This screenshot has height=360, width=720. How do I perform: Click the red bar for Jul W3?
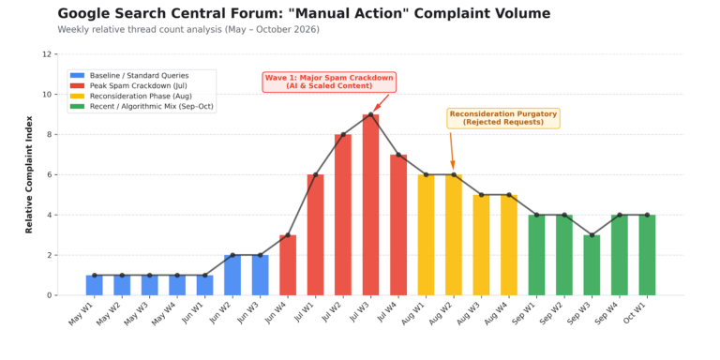[x=370, y=204]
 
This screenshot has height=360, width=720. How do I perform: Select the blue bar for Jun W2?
[x=232, y=275]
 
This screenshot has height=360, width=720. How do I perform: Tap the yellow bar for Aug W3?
[x=481, y=245]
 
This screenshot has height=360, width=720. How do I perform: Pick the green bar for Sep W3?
[x=592, y=265]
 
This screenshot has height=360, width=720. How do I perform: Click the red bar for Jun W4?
[x=288, y=265]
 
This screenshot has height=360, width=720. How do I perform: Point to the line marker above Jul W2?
[x=343, y=135]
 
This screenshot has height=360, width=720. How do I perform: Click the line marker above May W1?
[x=94, y=275]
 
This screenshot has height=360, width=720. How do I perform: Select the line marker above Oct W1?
[x=647, y=215]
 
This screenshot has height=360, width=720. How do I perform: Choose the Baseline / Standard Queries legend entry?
[x=129, y=75]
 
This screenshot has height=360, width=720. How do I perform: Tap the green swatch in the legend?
[x=77, y=107]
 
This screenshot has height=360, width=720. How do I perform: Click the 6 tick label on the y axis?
[x=49, y=175]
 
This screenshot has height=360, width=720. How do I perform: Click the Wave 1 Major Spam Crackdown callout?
[x=329, y=82]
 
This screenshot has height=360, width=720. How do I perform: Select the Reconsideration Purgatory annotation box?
[x=503, y=118]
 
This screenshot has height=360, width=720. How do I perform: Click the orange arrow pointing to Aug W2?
[x=452, y=151]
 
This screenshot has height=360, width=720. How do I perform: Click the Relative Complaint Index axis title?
[x=29, y=174]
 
